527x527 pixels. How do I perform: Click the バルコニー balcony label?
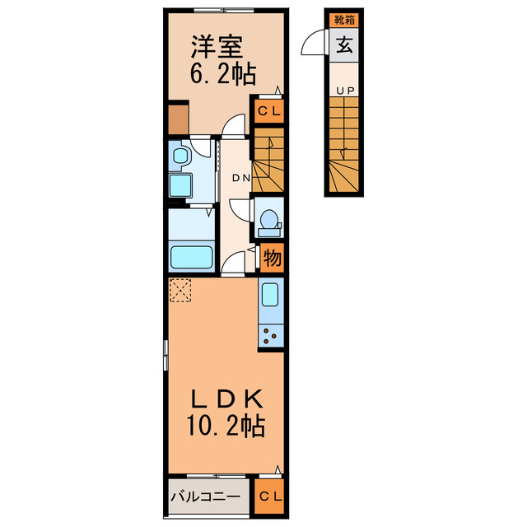205,497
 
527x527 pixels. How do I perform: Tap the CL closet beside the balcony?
268,497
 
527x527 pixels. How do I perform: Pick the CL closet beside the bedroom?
268,110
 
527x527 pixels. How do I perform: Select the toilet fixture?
268,220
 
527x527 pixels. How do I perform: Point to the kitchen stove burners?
270,333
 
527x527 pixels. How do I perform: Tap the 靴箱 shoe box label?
344,20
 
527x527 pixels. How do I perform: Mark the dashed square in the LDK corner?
180,290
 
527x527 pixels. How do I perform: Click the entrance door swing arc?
315,43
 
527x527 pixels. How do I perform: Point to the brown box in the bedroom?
179,119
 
